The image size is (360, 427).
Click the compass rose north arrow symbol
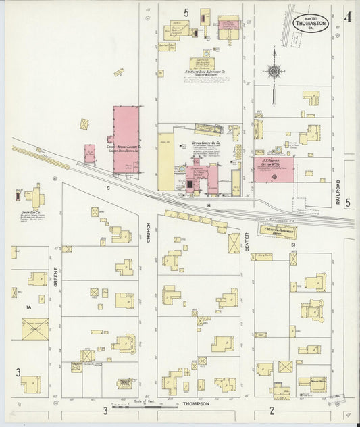tap(274, 70)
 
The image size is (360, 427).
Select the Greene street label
tap(55, 278)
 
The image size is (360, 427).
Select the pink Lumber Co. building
tap(126, 139)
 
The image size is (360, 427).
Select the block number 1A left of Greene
tap(28, 308)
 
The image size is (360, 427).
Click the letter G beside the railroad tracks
tap(107, 187)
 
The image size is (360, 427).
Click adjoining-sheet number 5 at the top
tap(186, 12)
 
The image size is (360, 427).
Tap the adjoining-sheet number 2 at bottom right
tap(272, 410)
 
